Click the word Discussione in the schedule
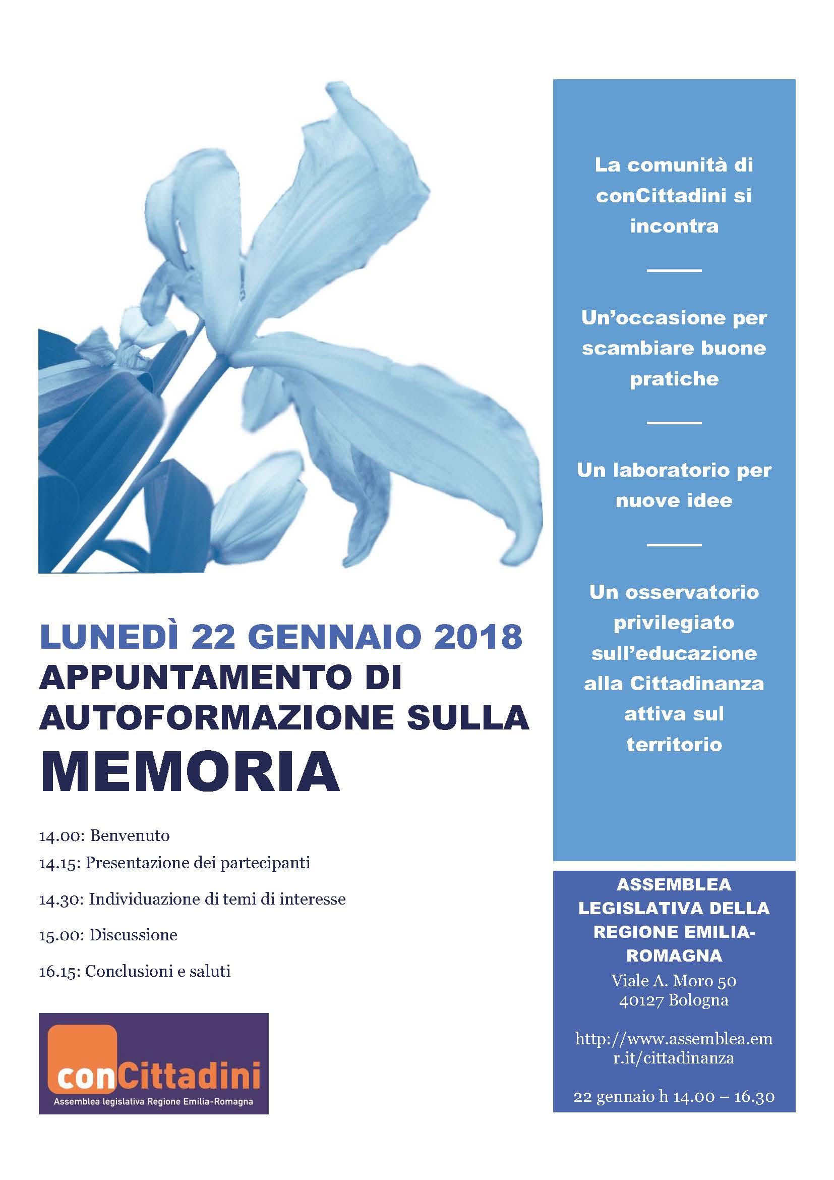[134, 935]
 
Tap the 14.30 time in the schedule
[59, 900]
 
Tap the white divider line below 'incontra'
[674, 270]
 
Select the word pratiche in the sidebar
[674, 379]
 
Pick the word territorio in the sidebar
[674, 745]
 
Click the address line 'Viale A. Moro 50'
[674, 981]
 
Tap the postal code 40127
[642, 1000]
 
